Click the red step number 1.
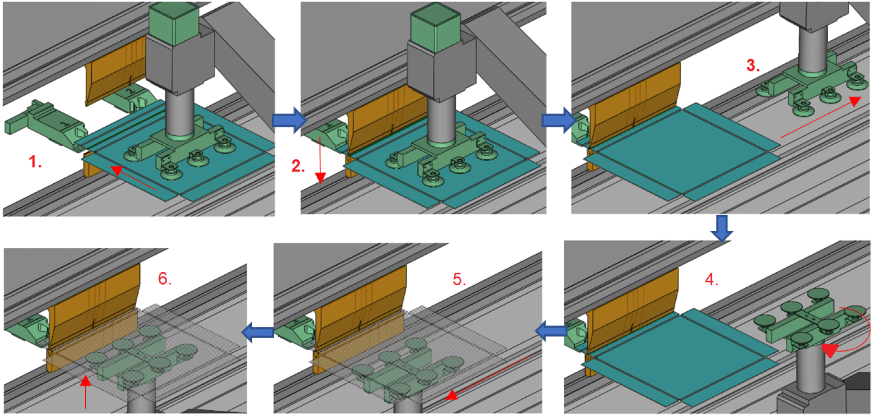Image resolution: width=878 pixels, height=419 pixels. pyautogui.click(x=35, y=162)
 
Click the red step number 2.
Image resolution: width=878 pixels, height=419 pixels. pyautogui.click(x=298, y=166)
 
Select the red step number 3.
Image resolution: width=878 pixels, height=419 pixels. pyautogui.click(x=753, y=66)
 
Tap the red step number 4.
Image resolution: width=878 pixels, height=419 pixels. pyautogui.click(x=712, y=280)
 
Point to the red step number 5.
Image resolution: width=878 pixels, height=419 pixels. pyautogui.click(x=459, y=279)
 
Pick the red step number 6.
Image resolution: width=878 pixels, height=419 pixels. pyautogui.click(x=165, y=279)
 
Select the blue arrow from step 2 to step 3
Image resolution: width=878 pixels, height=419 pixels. pyautogui.click(x=559, y=120)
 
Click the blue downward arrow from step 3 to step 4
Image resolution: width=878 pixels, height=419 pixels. pyautogui.click(x=722, y=228)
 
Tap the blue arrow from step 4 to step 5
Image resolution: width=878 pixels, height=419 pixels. pyautogui.click(x=551, y=330)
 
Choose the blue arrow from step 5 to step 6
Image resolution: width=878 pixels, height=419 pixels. pyautogui.click(x=257, y=332)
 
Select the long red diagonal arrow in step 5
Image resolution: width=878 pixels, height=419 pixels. pyautogui.click(x=489, y=377)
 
